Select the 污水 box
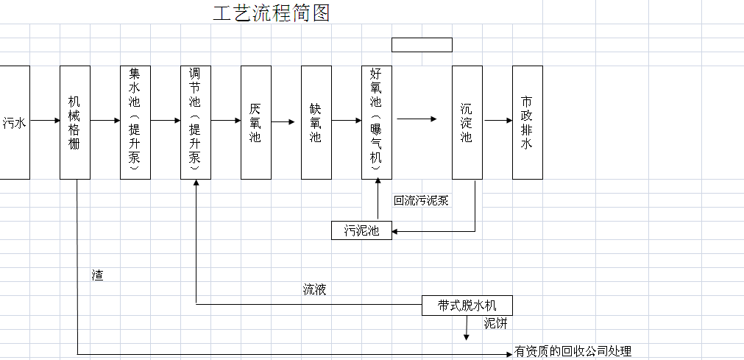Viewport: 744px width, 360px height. click(15, 122)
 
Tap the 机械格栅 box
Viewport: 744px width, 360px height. click(75, 122)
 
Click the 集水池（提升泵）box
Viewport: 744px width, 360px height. click(135, 122)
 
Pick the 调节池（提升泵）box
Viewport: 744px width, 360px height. click(196, 122)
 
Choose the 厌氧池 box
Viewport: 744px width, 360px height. click(255, 122)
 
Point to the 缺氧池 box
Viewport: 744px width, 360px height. click(316, 122)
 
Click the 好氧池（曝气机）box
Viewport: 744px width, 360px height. click(376, 122)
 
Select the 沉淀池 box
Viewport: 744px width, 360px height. click(467, 122)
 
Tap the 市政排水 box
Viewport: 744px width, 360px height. click(527, 122)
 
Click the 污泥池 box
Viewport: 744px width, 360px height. click(361, 230)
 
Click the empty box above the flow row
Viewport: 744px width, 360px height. click(422, 45)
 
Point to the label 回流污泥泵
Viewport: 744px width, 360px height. click(421, 200)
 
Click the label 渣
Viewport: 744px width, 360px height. click(97, 275)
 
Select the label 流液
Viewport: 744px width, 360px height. click(314, 289)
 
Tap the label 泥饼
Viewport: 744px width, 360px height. click(495, 322)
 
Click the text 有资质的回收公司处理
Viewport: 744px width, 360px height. click(573, 352)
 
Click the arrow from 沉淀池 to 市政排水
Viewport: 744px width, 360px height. click(497, 121)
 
